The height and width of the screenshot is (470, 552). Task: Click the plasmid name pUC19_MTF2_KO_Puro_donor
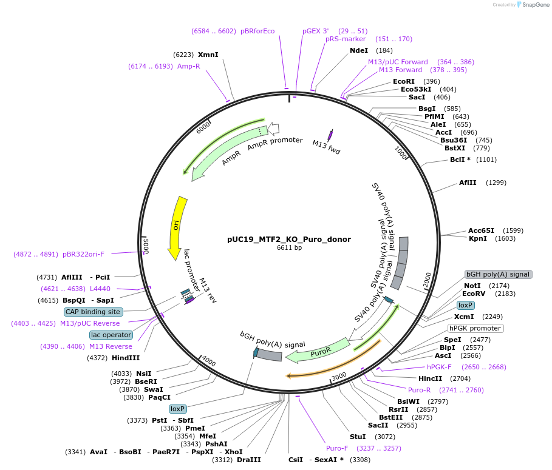tap(289, 239)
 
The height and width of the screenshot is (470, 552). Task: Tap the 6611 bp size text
tap(289, 247)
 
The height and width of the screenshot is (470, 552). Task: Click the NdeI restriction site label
tap(359, 50)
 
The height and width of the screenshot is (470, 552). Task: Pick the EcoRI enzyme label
tap(404, 81)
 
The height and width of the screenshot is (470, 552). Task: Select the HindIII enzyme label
tap(126, 358)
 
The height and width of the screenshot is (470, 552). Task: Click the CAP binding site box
tap(94, 312)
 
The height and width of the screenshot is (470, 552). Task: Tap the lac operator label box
tap(111, 335)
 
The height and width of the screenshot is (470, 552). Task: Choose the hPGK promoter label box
tap(475, 328)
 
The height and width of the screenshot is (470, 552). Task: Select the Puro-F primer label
tap(337, 448)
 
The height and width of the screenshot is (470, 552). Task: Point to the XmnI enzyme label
tap(208, 55)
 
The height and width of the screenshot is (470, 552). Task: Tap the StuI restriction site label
tap(358, 436)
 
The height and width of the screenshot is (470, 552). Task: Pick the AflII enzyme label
tap(468, 183)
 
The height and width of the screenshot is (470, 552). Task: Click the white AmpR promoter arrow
tap(273, 129)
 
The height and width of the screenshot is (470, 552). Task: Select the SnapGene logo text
tap(534, 5)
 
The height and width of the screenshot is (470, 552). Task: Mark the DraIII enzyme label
tap(249, 460)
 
